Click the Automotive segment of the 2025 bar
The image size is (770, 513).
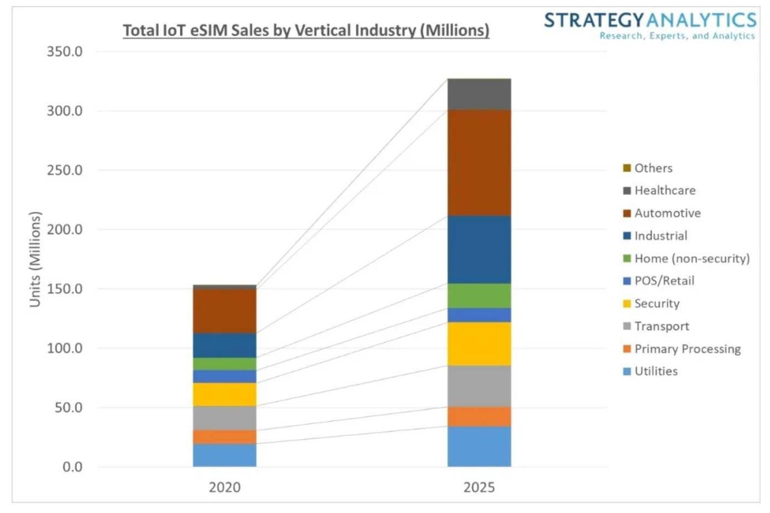(479, 162)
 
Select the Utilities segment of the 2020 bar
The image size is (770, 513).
(225, 455)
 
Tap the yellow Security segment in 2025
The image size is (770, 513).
(479, 343)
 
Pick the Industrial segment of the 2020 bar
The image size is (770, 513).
(225, 345)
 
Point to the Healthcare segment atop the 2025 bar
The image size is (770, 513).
(479, 94)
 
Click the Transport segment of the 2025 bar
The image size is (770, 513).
(479, 386)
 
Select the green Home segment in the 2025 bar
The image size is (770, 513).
(479, 296)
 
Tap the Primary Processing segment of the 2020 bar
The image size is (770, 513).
(225, 437)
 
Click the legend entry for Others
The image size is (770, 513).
(653, 168)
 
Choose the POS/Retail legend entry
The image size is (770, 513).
(664, 281)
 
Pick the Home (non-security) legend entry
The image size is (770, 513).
(691, 258)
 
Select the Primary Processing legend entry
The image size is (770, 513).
(687, 348)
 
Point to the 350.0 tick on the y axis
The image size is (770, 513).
(65, 52)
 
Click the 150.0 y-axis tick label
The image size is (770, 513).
(65, 289)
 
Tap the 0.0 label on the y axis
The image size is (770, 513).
(72, 467)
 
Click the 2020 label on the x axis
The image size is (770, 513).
(225, 488)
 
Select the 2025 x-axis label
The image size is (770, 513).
(479, 488)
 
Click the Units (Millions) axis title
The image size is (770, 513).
(35, 259)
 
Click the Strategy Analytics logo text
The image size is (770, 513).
(650, 21)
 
